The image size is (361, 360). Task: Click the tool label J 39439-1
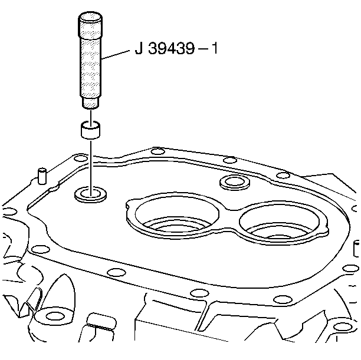[176, 49]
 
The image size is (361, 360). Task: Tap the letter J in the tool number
[139, 49]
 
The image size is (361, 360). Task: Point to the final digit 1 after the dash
[215, 48]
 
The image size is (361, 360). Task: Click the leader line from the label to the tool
[115, 55]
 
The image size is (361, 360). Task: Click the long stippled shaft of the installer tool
[90, 67]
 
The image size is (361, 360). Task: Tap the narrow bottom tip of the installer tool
[90, 103]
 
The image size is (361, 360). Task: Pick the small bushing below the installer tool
[90, 130]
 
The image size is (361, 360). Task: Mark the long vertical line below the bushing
[91, 169]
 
